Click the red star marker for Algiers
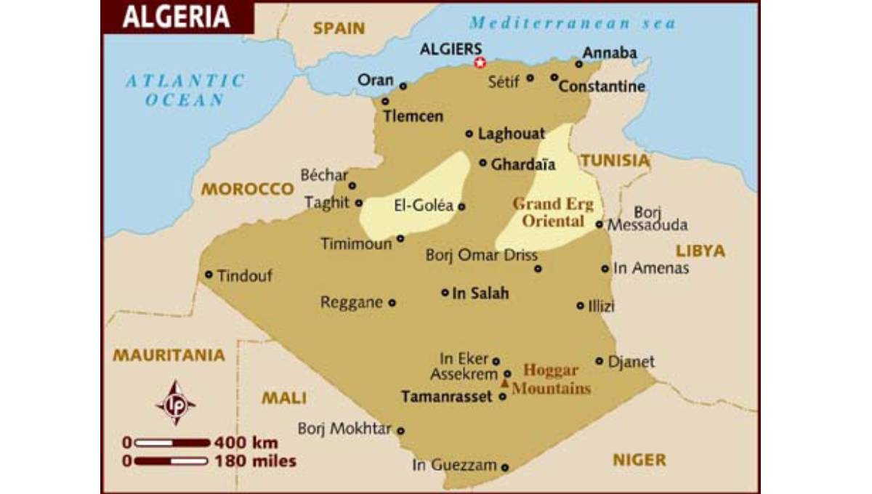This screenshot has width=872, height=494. tap(480, 63)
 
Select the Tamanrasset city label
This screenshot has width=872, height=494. tap(447, 397)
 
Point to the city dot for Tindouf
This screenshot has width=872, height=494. tap(209, 275)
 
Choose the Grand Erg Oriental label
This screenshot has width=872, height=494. tap(553, 212)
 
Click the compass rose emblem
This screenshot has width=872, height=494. tap(175, 403)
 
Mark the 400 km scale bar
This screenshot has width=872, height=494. tap(172, 442)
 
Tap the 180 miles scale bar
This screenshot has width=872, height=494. tap(172, 461)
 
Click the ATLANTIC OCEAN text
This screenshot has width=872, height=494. tap(185, 90)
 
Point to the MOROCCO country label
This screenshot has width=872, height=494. tap(247, 189)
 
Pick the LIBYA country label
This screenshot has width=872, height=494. tap(701, 251)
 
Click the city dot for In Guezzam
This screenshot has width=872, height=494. tap(505, 467)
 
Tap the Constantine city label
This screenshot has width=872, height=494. tap(602, 86)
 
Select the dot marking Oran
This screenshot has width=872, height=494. tap(403, 86)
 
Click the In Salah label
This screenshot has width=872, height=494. tap(480, 293)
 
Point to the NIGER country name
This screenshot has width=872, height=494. tap(639, 459)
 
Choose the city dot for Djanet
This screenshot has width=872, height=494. tap(599, 360)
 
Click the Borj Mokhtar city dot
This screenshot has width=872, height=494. tap(400, 430)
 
